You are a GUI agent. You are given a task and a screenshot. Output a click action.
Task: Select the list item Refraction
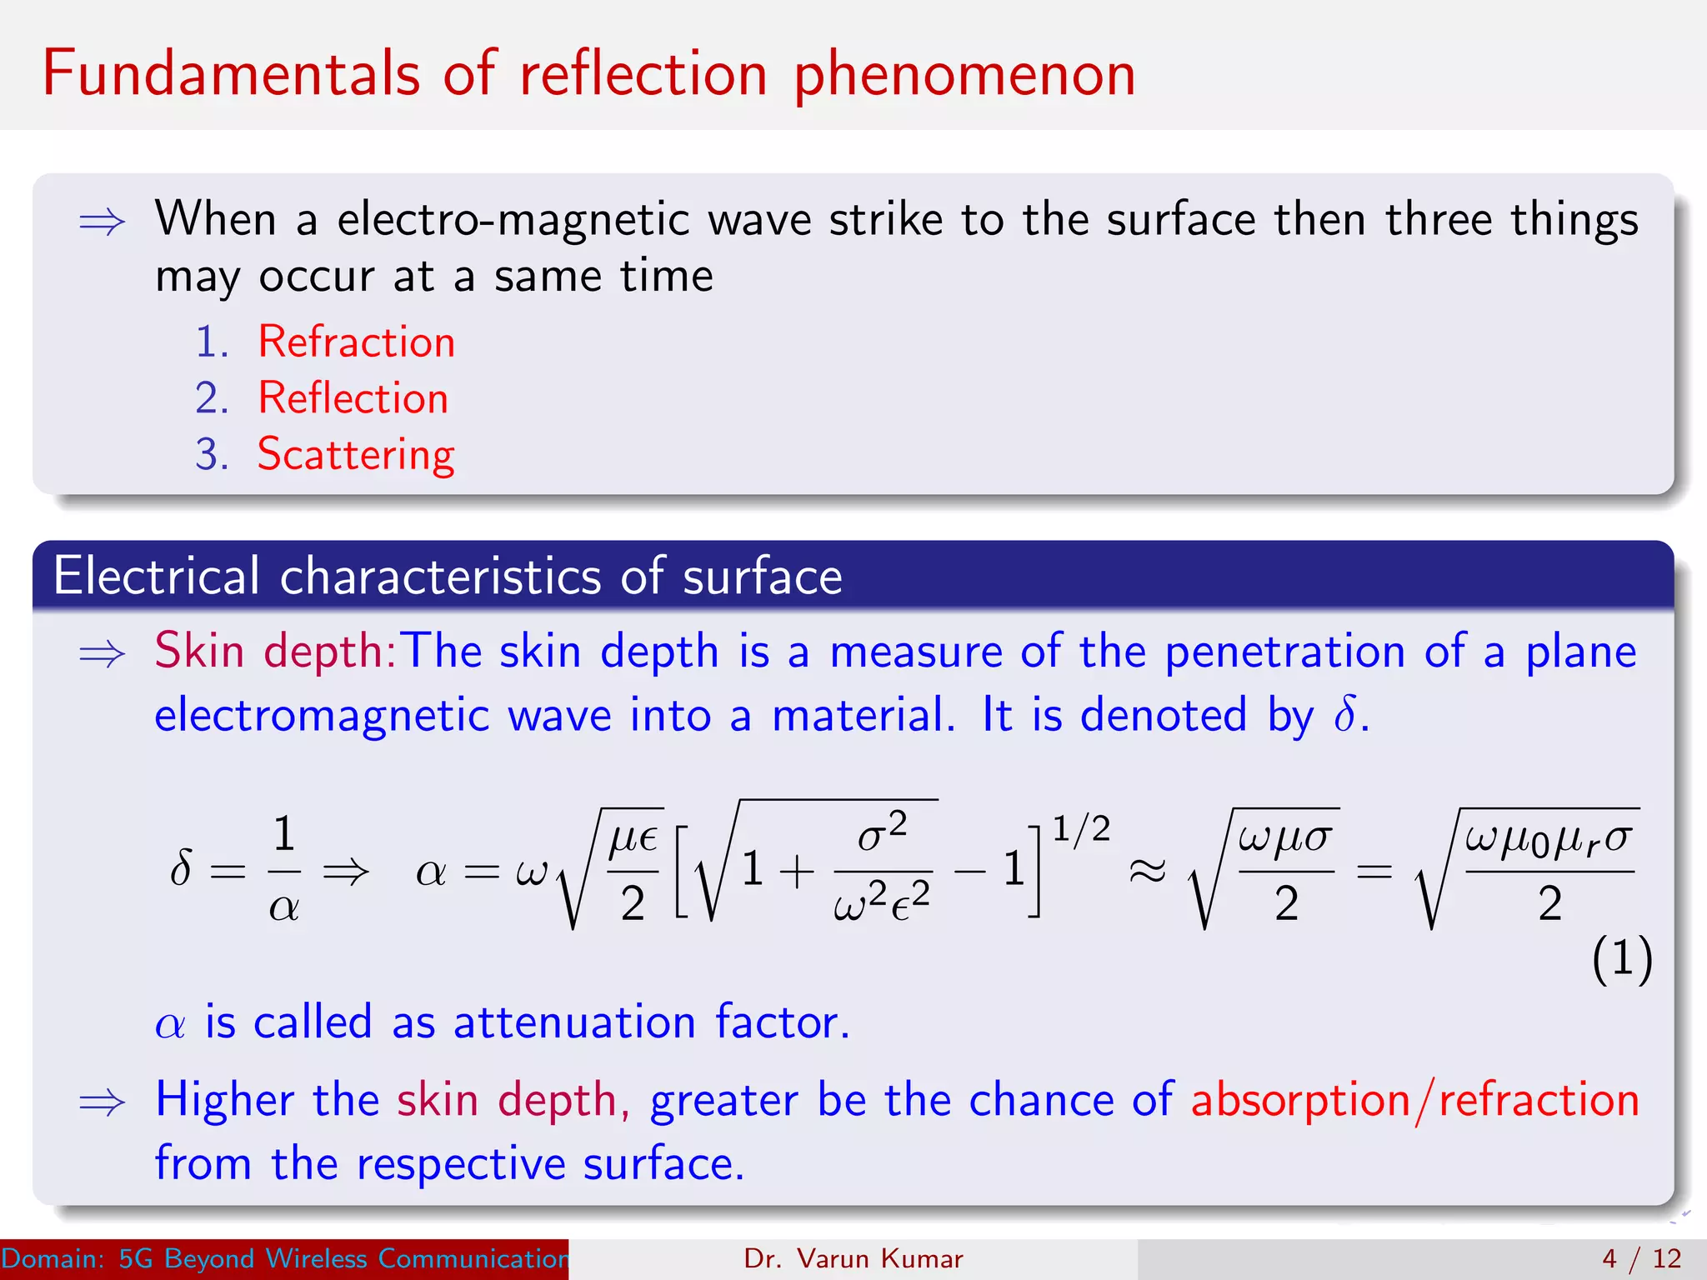tap(357, 342)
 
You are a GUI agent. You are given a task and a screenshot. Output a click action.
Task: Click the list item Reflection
tap(353, 397)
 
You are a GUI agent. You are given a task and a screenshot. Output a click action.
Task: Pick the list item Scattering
tap(356, 455)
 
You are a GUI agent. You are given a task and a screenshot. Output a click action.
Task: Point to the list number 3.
tap(212, 455)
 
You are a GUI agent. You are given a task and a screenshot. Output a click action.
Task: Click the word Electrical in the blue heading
tap(157, 576)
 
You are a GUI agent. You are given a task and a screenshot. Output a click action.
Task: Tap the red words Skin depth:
tap(276, 651)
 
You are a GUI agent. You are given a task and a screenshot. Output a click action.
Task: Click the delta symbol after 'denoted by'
tap(1344, 715)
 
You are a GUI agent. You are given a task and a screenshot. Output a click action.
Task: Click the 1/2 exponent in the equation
tap(1080, 829)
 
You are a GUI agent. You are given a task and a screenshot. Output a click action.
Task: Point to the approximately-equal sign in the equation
tap(1147, 872)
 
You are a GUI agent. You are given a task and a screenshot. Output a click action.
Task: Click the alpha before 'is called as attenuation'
tap(170, 1024)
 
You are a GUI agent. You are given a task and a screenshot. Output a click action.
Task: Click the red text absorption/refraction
tap(1414, 1100)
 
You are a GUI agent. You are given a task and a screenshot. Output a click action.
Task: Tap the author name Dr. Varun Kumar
tap(853, 1258)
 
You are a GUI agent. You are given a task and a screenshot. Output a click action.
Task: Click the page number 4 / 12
tap(1641, 1258)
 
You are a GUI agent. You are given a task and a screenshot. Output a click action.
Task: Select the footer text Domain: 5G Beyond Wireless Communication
tap(284, 1258)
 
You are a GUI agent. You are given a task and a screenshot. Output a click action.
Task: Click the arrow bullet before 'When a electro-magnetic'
tap(102, 222)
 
